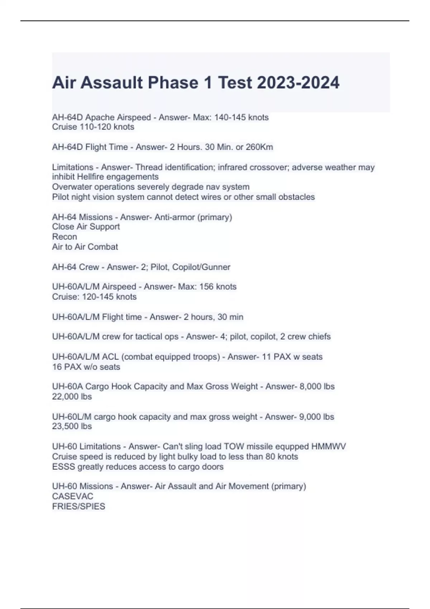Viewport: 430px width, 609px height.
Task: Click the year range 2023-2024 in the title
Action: click(x=298, y=83)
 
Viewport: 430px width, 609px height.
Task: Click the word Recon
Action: click(x=64, y=237)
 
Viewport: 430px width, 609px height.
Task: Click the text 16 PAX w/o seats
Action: click(x=86, y=367)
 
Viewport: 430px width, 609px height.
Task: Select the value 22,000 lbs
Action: click(x=72, y=397)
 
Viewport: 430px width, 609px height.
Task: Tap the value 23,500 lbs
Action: click(x=72, y=426)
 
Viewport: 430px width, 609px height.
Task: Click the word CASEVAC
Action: click(x=73, y=497)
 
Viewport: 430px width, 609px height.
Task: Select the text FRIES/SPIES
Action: click(x=78, y=507)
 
